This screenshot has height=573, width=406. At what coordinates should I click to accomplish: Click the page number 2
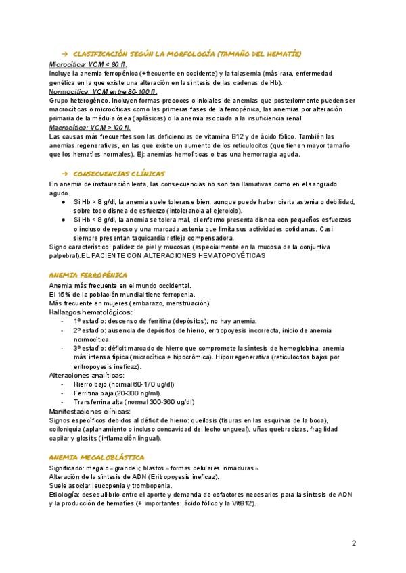click(354, 543)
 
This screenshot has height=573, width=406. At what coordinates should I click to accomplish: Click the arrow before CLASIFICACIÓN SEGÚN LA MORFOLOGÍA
click(64, 53)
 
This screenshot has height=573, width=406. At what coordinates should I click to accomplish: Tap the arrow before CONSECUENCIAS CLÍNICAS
click(64, 174)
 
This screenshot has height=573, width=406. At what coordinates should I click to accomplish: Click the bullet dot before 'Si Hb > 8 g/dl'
click(63, 202)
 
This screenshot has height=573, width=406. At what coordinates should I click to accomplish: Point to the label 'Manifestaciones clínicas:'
click(90, 411)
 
